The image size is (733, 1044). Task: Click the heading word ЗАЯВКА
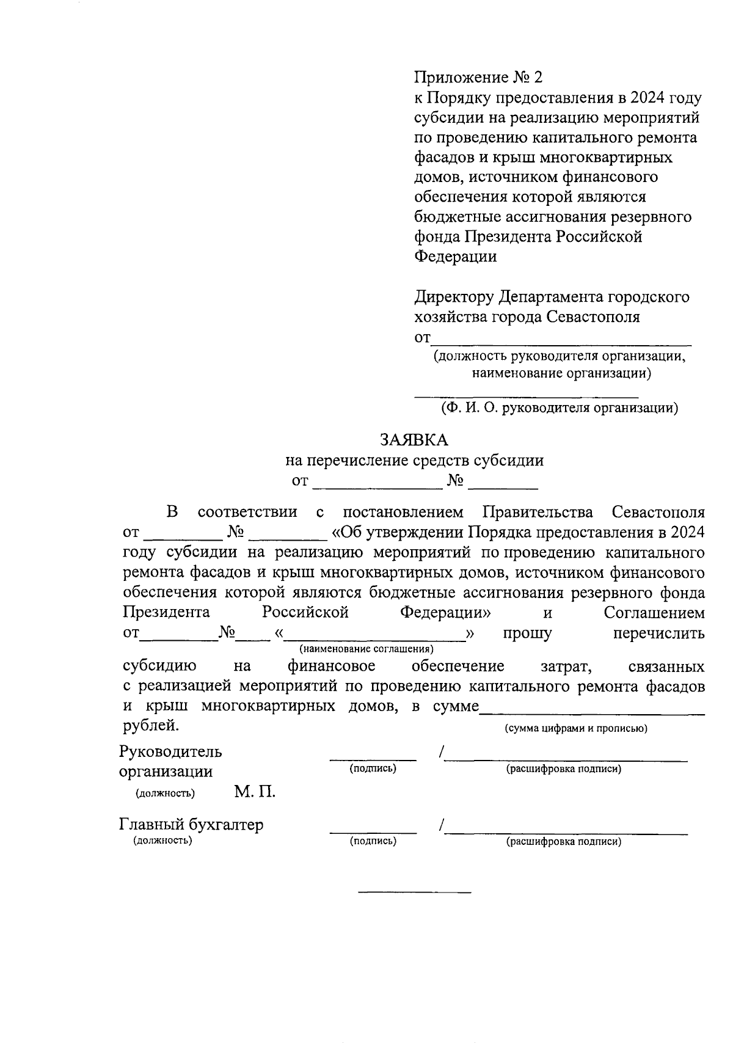pyautogui.click(x=414, y=440)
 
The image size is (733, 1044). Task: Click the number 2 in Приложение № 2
pyautogui.click(x=537, y=78)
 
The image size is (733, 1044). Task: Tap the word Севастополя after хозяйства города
pyautogui.click(x=593, y=317)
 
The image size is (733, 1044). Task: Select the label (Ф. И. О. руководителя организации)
pyautogui.click(x=560, y=408)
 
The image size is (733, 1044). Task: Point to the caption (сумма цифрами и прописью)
pyautogui.click(x=575, y=728)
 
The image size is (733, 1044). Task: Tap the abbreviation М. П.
pyautogui.click(x=254, y=792)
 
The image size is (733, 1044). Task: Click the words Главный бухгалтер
pyautogui.click(x=191, y=825)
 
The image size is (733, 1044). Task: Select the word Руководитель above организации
pyautogui.click(x=170, y=751)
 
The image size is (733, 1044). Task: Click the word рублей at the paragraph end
pyautogui.click(x=150, y=726)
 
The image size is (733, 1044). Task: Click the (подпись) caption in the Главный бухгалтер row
pyautogui.click(x=373, y=841)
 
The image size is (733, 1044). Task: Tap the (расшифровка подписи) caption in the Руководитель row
pyautogui.click(x=563, y=769)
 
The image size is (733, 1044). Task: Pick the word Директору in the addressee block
pyautogui.click(x=454, y=297)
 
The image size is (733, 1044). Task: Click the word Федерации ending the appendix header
pyautogui.click(x=455, y=257)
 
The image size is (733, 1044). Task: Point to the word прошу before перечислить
pyautogui.click(x=527, y=633)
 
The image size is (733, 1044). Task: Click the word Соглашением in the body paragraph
pyautogui.click(x=654, y=613)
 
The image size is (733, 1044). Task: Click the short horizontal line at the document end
pyautogui.click(x=414, y=893)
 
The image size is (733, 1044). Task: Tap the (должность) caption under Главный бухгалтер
pyautogui.click(x=162, y=841)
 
